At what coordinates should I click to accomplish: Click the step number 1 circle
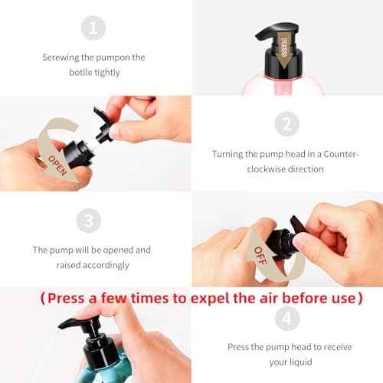(x=94, y=28)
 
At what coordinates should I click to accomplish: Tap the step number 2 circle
(x=286, y=124)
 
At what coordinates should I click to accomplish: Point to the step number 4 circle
(x=286, y=316)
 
